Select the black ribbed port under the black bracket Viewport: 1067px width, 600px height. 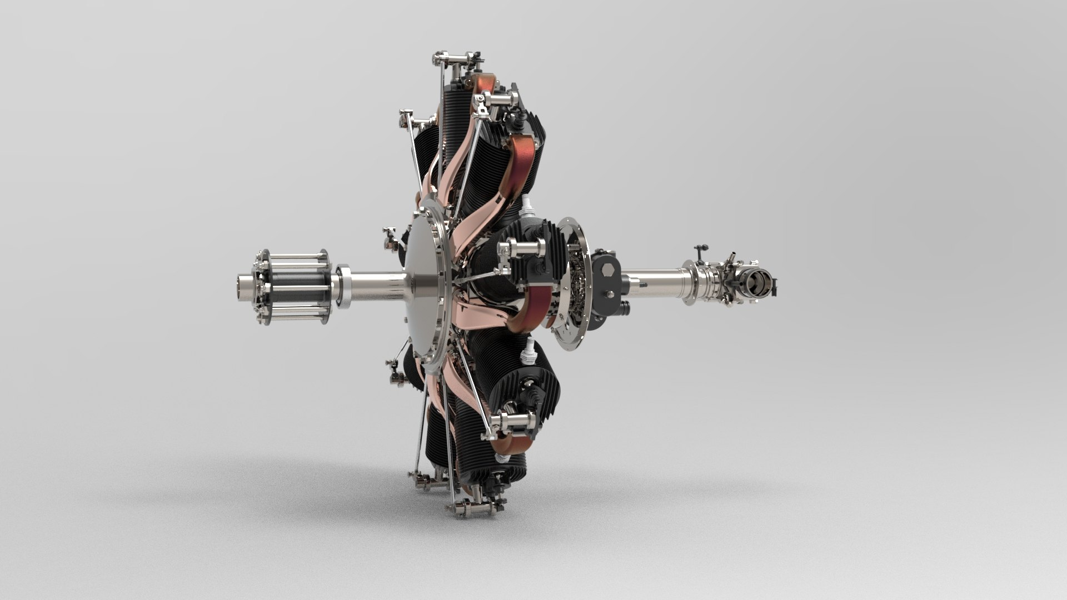(626, 307)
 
